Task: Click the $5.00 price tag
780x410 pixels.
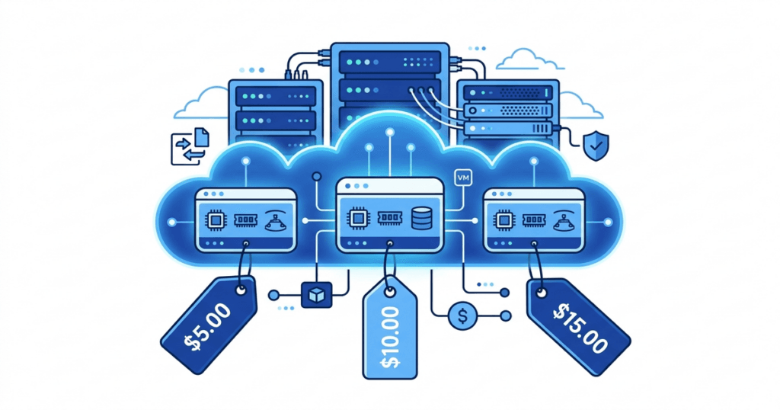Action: (x=207, y=325)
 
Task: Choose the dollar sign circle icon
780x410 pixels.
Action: (x=460, y=315)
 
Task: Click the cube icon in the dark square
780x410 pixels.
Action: (x=313, y=294)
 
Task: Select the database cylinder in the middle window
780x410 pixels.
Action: (x=420, y=217)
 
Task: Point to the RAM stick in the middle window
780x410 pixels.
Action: (x=388, y=218)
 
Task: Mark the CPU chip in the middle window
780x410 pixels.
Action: (x=356, y=218)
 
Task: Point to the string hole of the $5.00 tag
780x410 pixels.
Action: (x=242, y=290)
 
